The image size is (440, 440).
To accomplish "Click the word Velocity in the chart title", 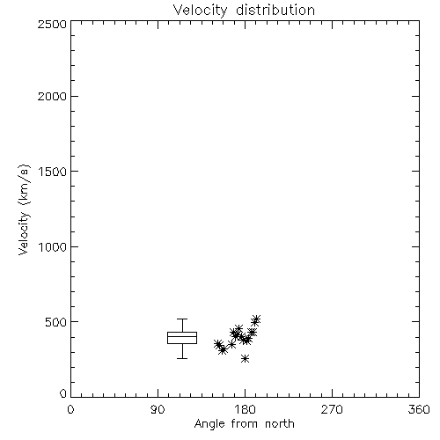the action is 200,11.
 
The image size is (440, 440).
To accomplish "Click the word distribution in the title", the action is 275,10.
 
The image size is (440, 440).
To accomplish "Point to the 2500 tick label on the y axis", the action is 52,24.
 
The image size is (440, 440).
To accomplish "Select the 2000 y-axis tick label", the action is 52,96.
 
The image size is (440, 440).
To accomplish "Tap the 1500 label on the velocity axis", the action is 53,172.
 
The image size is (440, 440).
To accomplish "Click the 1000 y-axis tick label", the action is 53,246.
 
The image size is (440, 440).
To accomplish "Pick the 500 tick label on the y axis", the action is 56,322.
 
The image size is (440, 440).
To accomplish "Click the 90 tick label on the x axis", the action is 158,409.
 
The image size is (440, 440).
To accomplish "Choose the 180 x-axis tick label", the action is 245,409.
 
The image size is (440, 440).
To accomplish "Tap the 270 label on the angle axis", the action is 332,409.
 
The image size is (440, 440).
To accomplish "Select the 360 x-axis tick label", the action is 419,409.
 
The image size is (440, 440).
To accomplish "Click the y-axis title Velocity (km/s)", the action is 24,209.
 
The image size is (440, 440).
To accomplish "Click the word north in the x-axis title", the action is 280,424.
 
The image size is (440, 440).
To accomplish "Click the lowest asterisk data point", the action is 245,358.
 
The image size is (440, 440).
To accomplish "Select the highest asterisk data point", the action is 256,319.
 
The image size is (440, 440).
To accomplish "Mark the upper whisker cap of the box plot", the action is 182,319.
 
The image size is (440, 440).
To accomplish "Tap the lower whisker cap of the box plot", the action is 182,358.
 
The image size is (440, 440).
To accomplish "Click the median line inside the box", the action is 182,336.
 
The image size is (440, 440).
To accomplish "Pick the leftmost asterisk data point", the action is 218,344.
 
